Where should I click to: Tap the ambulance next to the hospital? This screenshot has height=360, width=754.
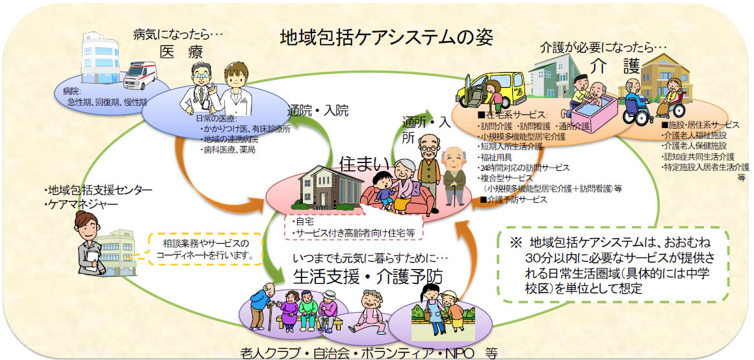pos(140,74)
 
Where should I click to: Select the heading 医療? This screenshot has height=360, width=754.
pos(179,51)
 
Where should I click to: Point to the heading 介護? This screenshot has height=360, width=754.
pos(615,66)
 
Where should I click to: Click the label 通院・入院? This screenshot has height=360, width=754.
pos(319,110)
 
